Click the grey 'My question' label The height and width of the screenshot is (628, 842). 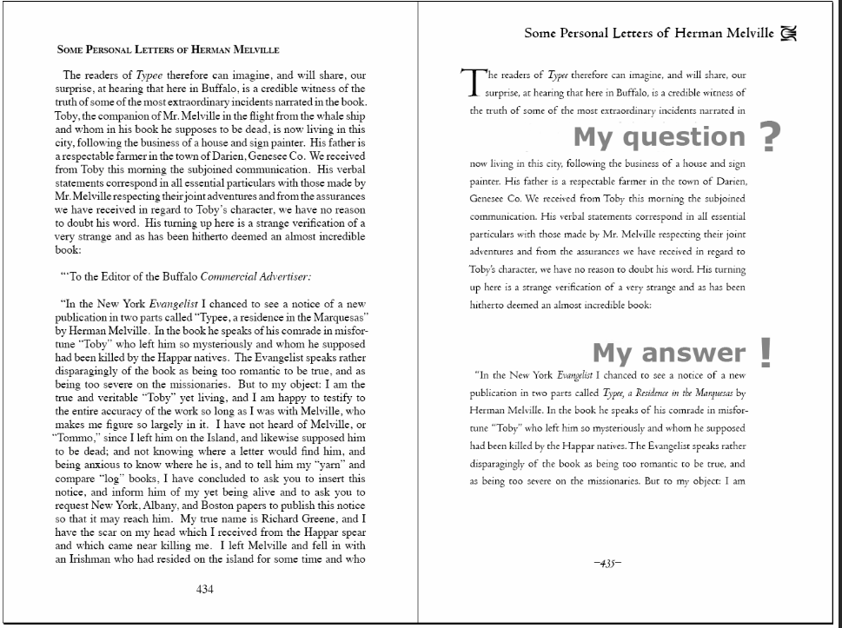click(659, 136)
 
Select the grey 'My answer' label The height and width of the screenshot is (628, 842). click(668, 353)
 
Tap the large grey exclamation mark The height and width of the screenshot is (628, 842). click(765, 351)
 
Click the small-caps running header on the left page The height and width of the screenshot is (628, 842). click(168, 50)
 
